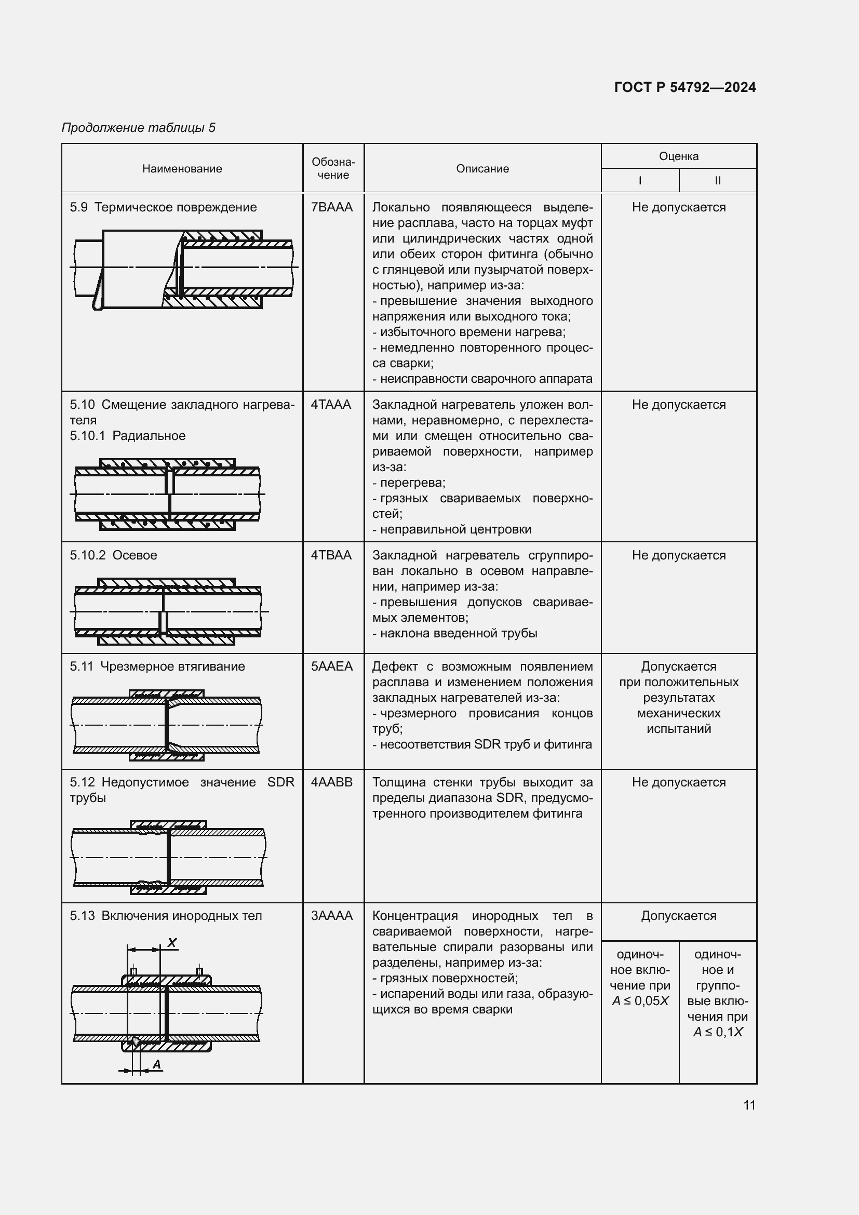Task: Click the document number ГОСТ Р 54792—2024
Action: (x=684, y=87)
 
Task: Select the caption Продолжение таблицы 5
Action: (x=139, y=128)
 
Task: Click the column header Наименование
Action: (x=182, y=169)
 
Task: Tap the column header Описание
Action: (x=482, y=169)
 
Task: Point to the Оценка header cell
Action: (x=679, y=156)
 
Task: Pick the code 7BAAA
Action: (x=332, y=207)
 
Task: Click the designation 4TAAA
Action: (x=331, y=405)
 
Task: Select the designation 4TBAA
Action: (x=331, y=555)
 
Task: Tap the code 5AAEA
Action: (x=332, y=666)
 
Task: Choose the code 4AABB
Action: (x=332, y=782)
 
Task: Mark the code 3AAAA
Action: (x=332, y=915)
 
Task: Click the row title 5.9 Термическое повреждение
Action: (x=164, y=207)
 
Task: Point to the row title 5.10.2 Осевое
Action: (x=114, y=555)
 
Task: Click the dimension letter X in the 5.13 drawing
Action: (x=172, y=942)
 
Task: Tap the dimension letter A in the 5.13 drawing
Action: (x=156, y=1064)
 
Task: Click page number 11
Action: (x=749, y=1105)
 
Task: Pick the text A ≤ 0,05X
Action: (x=640, y=1000)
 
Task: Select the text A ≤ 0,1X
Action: (x=718, y=1032)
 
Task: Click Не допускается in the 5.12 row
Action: (x=679, y=782)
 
